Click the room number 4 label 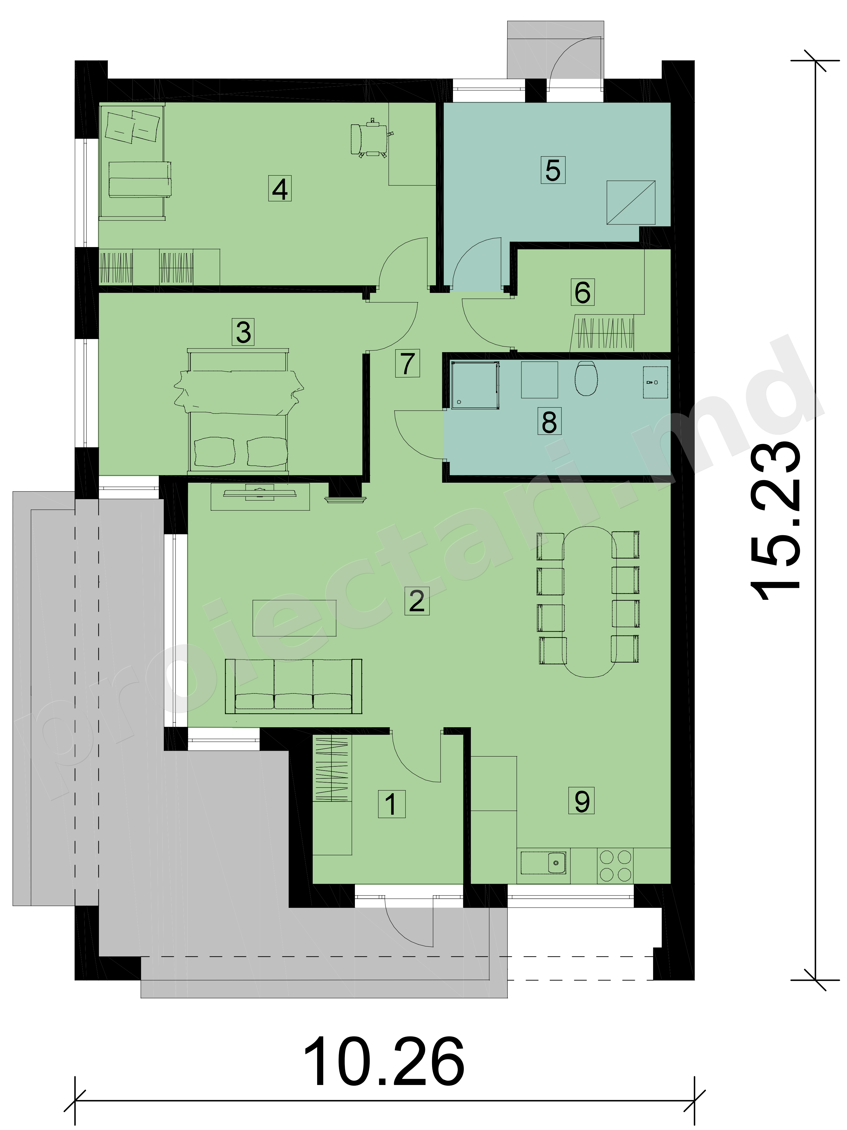pyautogui.click(x=279, y=189)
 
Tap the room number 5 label pyautogui.click(x=553, y=170)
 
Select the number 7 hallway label pyautogui.click(x=407, y=364)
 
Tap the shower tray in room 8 pyautogui.click(x=474, y=384)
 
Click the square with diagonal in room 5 pyautogui.click(x=631, y=202)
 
